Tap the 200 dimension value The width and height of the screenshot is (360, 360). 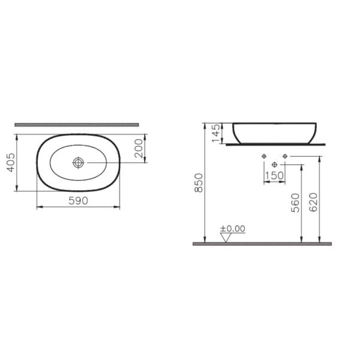click(139, 147)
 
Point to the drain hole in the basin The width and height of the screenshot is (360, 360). click(79, 162)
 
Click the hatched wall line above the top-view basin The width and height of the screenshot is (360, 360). click(77, 125)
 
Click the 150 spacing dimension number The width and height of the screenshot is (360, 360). click(275, 175)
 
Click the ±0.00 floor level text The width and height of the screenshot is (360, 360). click(233, 229)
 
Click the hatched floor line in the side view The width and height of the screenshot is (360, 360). click(262, 244)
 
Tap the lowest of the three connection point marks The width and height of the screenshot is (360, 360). click(275, 164)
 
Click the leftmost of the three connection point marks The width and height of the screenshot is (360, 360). click(265, 157)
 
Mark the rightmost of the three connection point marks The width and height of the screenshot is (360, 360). click(285, 157)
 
